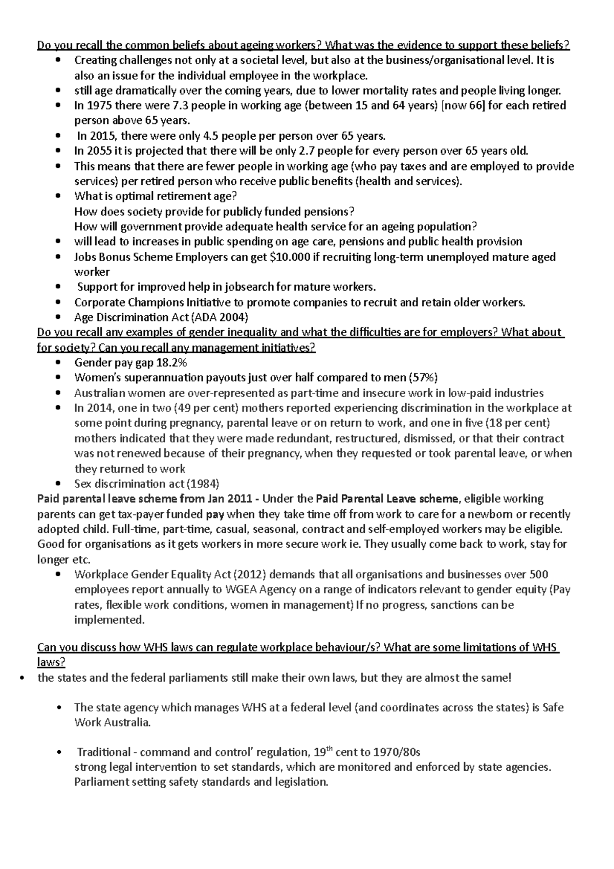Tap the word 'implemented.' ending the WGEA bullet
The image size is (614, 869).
click(109, 620)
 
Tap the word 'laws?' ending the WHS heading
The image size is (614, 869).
click(51, 663)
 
